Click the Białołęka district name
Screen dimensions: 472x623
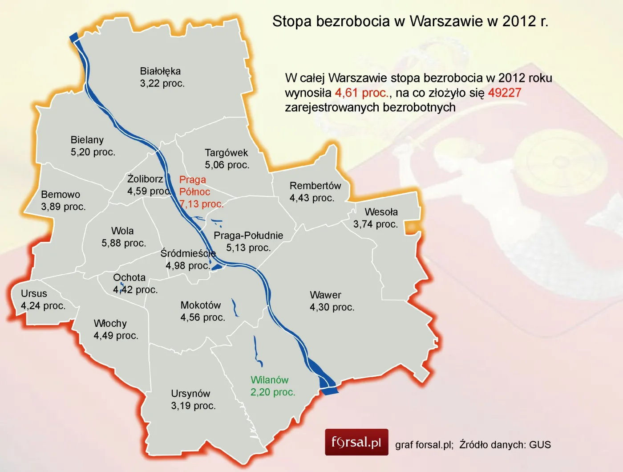[160, 71]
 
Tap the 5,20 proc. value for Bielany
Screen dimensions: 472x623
[93, 152]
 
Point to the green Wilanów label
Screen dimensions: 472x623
[269, 380]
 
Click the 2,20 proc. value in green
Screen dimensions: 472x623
[272, 392]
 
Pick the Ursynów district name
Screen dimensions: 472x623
[190, 394]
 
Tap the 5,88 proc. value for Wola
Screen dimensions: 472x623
[124, 243]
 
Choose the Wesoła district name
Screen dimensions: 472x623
[381, 212]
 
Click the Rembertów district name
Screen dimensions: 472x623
[315, 186]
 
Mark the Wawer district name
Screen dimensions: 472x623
[325, 295]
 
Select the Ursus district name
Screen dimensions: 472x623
[34, 294]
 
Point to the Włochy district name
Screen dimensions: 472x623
[110, 323]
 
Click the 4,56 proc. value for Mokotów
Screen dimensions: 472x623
[202, 317]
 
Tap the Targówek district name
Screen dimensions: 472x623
[226, 153]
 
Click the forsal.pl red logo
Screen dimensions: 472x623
[356, 442]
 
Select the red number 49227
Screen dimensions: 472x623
[504, 93]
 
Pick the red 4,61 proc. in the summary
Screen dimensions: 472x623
[362, 93]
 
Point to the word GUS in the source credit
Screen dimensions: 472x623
[540, 444]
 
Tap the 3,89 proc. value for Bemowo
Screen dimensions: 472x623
[63, 207]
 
